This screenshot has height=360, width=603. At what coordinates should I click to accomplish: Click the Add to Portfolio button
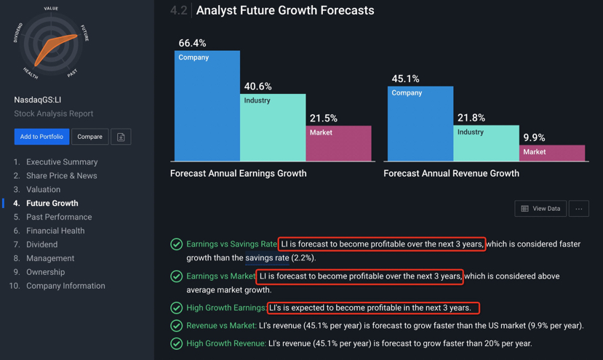point(41,137)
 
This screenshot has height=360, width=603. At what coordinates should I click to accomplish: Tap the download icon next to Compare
point(121,137)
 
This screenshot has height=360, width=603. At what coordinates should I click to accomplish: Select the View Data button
point(540,209)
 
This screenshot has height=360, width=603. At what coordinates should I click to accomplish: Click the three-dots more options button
point(579,209)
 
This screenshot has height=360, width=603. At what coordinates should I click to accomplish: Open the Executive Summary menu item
point(62,162)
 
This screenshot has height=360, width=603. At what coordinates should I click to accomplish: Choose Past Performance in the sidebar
point(59,217)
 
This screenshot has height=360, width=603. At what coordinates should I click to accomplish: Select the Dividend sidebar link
point(42,244)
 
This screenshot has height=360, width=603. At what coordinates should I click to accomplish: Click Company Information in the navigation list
point(65,286)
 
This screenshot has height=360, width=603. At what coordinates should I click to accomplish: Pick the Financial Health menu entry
point(55,231)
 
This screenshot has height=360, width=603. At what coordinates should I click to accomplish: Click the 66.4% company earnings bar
point(207,105)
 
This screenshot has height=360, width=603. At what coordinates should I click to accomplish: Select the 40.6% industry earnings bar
point(273,127)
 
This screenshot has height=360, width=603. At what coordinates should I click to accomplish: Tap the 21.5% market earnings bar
point(339,143)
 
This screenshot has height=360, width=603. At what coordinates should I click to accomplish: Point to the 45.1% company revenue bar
point(420,124)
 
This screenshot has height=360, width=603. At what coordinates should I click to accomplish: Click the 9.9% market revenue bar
point(552,153)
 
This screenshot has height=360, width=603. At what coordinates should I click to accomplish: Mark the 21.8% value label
point(471,118)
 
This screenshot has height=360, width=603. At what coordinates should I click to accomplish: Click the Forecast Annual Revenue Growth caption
point(451,174)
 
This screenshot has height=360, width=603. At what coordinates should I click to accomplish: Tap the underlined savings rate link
point(267,257)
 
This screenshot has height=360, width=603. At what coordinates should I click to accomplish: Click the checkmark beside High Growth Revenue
point(177,343)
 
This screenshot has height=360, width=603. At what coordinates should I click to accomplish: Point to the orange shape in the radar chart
point(54,48)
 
